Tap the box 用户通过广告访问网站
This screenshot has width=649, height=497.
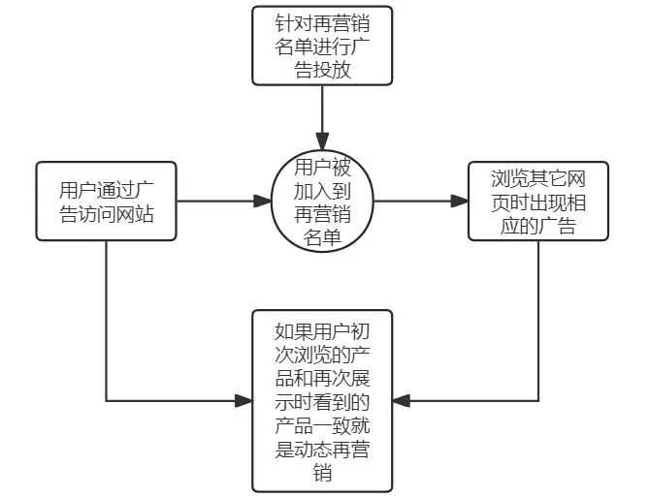pos(107,202)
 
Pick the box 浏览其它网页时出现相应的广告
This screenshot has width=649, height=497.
pos(537,202)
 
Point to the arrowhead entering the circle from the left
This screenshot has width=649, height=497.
pos(264,202)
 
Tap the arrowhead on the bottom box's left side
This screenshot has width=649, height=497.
pos(243,400)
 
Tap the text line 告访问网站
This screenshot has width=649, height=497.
pos(107,214)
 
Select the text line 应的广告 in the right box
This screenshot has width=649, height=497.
pos(537,227)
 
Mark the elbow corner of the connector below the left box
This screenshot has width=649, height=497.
pos(106,400)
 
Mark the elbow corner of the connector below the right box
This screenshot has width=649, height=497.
pos(537,400)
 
